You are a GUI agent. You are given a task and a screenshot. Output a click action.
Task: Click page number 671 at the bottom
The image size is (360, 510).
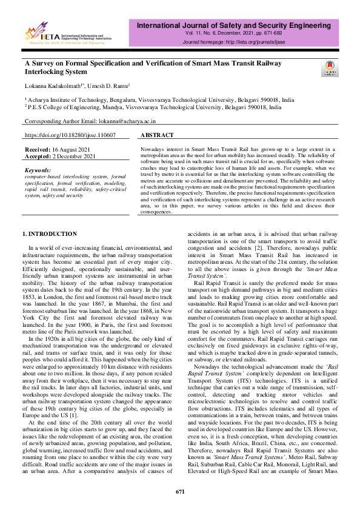coord(179,491)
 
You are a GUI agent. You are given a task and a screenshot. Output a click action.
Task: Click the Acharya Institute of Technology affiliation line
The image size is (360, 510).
coord(161,100)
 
